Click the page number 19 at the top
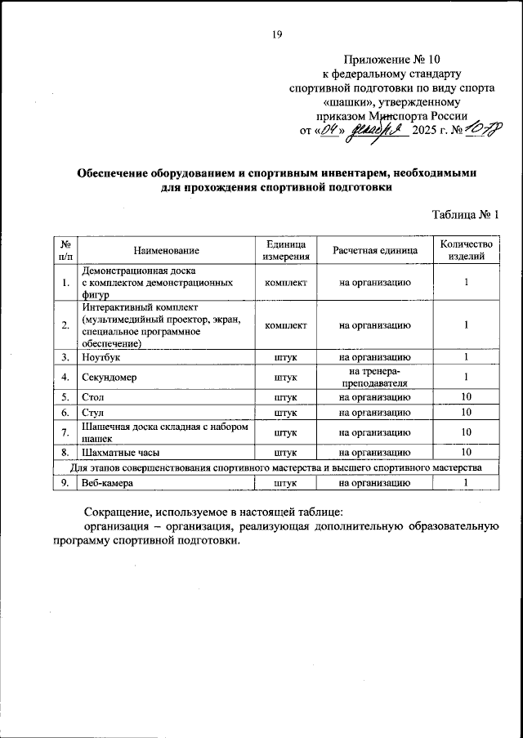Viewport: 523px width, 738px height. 276,34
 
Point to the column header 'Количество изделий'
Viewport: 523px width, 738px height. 466,250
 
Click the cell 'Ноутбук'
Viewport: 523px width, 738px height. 101,356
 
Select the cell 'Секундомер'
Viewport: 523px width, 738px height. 110,377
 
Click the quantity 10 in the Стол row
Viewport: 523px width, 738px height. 466,396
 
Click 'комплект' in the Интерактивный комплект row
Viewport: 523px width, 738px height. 286,325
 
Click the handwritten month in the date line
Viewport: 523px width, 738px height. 376,131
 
